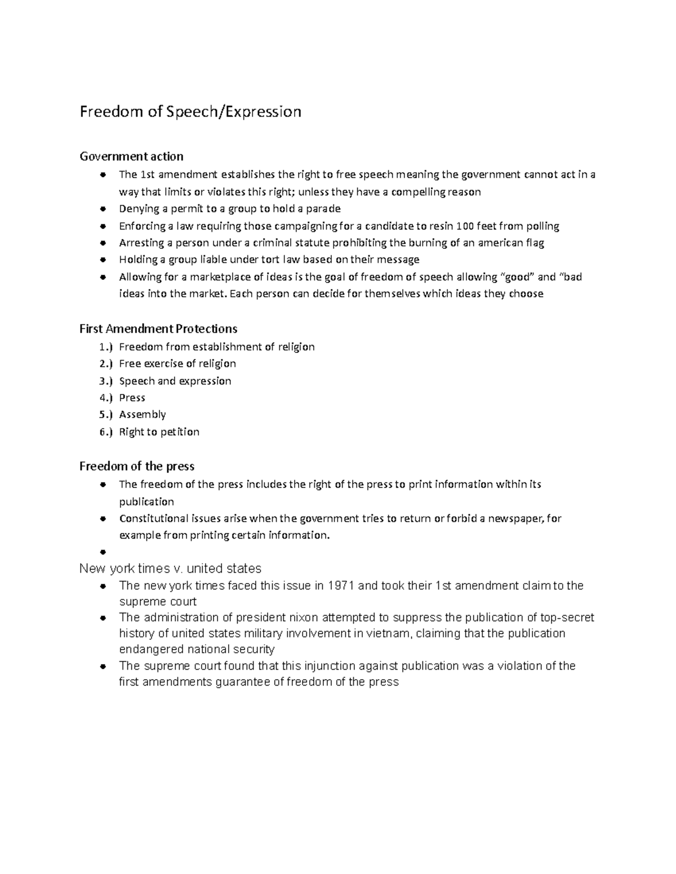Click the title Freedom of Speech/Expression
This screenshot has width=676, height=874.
click(190, 111)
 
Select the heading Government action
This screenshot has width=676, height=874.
click(131, 156)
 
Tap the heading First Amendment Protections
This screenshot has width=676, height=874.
click(158, 329)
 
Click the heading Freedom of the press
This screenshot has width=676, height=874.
click(137, 466)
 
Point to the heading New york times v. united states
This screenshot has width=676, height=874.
click(170, 568)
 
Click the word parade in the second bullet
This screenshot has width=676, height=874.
click(323, 209)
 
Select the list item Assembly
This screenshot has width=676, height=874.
click(143, 415)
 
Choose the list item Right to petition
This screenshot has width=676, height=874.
click(159, 432)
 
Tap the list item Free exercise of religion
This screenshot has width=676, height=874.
click(177, 364)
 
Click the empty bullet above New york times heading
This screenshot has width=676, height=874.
click(103, 553)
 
